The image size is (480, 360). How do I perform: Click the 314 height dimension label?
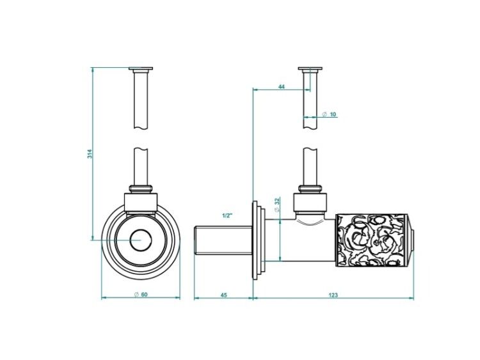[90, 154]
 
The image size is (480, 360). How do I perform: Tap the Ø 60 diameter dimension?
[141, 295]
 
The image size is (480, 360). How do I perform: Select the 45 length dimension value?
[224, 295]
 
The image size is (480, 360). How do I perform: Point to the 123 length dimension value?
[333, 295]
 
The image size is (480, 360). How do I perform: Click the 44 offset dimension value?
[282, 87]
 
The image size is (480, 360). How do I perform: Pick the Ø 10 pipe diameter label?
[330, 114]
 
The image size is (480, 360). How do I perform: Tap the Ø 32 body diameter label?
[277, 205]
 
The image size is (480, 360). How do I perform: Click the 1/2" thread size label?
[227, 215]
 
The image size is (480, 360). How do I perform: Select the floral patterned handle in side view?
[372, 240]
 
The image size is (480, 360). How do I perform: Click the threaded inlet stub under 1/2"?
[223, 240]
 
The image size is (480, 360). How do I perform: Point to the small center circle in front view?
[141, 240]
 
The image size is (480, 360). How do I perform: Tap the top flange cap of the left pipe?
[141, 68]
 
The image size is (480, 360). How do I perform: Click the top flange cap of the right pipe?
[310, 68]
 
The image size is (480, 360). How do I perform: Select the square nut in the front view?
[141, 203]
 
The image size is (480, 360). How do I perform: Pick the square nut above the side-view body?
[310, 203]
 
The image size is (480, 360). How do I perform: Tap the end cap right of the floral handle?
[410, 240]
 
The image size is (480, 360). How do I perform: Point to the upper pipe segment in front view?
[141, 99]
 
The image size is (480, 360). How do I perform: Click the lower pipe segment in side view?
[310, 167]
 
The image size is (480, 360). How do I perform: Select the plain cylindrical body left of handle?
[300, 240]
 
